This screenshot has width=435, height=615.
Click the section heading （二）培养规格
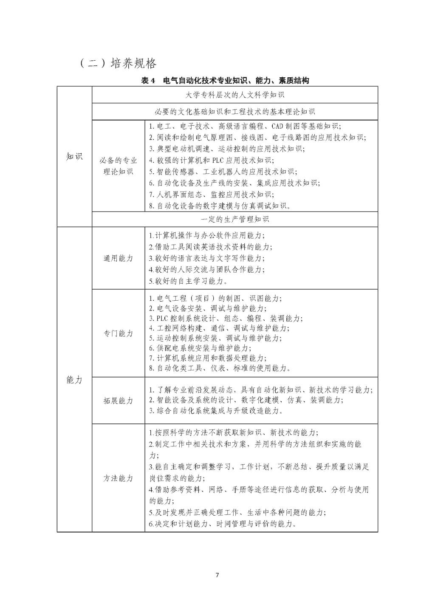pyautogui.click(x=118, y=63)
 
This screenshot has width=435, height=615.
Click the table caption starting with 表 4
pyautogui.click(x=225, y=81)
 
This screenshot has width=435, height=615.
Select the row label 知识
pyautogui.click(x=74, y=156)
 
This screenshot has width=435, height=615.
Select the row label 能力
pyautogui.click(x=74, y=380)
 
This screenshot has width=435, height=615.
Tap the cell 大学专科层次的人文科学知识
pyautogui.click(x=235, y=94)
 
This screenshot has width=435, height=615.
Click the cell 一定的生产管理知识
pyautogui.click(x=235, y=219)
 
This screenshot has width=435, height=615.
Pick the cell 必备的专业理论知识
pyautogui.click(x=118, y=166)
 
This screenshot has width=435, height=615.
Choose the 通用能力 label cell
pyautogui.click(x=118, y=258)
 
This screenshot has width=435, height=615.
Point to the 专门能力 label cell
pyautogui.click(x=118, y=333)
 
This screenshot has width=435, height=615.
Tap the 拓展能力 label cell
pyautogui.click(x=118, y=401)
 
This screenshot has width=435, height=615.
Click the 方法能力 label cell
pyautogui.click(x=118, y=478)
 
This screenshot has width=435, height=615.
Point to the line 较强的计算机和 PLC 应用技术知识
pyautogui.click(x=212, y=161)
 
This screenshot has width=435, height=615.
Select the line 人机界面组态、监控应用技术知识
pyautogui.click(x=212, y=195)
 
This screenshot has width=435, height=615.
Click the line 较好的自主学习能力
pyautogui.click(x=189, y=281)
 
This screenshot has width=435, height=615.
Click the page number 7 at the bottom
pyautogui.click(x=217, y=575)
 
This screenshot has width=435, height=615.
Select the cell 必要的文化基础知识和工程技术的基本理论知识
pyautogui.click(x=235, y=112)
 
